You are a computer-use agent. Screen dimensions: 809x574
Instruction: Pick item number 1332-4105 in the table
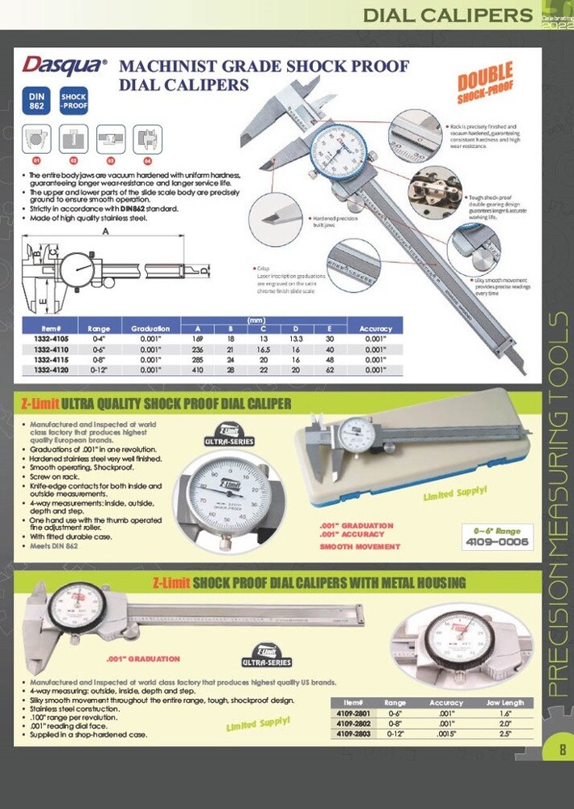coord(52,339)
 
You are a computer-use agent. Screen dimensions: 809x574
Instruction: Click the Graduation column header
coord(150,328)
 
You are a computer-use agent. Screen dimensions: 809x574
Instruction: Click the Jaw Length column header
coord(507,703)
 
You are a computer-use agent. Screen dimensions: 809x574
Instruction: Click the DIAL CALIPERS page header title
coord(445,15)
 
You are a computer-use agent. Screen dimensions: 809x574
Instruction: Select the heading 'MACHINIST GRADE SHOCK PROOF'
coord(264,66)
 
